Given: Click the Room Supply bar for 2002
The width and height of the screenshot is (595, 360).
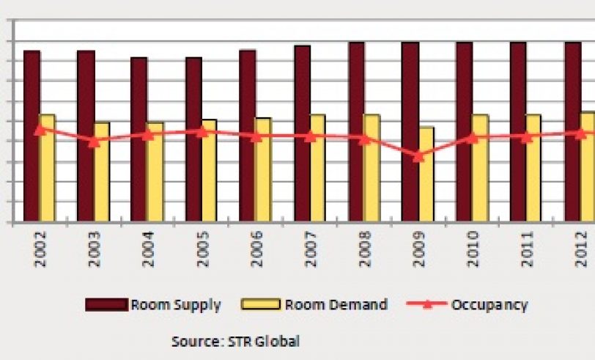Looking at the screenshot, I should (32, 136).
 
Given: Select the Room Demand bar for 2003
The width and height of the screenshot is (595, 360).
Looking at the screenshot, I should (102, 172).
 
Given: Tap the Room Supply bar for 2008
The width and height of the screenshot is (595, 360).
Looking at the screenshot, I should (356, 131).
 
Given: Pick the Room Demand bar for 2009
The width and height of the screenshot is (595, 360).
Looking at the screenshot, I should (426, 174).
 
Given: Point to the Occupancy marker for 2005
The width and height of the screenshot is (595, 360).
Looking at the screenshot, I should (202, 131).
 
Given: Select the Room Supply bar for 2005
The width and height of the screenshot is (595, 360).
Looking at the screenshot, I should (193, 139).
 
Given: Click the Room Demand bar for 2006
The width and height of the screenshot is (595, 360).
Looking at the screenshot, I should (263, 169).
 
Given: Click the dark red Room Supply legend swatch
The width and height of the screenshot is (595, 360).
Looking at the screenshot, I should (106, 305).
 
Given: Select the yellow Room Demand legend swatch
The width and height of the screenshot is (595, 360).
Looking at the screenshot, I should (262, 305).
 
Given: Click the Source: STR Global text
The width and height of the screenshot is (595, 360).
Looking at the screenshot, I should (235, 341).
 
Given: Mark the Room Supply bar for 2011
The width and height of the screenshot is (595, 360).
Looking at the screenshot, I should (518, 131).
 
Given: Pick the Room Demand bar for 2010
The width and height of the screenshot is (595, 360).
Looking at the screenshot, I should (480, 168).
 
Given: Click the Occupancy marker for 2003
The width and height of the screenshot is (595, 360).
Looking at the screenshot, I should (94, 142).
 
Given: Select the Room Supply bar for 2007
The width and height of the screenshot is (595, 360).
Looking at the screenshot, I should (302, 133).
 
